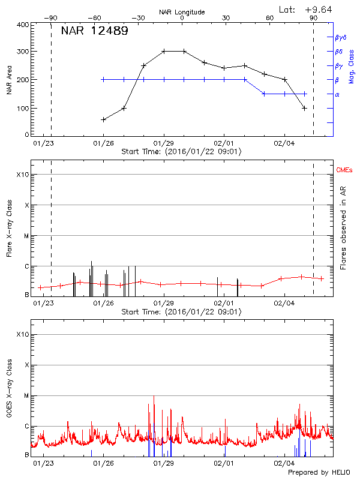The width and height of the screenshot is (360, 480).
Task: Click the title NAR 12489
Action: tap(94, 31)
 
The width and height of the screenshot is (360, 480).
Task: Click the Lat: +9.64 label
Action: tap(305, 9)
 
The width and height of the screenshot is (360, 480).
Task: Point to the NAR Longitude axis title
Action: tap(182, 12)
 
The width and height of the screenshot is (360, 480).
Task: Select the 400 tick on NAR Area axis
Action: tap(23, 25)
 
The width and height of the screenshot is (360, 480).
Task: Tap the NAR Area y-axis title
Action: tap(10, 80)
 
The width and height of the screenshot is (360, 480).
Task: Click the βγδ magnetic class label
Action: tap(341, 37)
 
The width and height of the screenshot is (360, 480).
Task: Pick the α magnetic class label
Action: tap(337, 94)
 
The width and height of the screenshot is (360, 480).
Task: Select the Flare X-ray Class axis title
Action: tap(10, 228)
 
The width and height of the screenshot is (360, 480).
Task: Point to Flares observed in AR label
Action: tap(344, 228)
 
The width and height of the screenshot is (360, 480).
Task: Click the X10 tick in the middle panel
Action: tap(22, 175)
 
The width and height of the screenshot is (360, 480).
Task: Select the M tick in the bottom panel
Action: tap(25, 396)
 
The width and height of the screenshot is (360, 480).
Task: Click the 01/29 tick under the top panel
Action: tap(164, 144)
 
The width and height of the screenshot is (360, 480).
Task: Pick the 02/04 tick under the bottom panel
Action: tap(284, 464)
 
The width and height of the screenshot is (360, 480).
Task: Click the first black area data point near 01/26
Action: tap(103, 119)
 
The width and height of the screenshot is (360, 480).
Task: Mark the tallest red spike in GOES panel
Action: tap(154, 397)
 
